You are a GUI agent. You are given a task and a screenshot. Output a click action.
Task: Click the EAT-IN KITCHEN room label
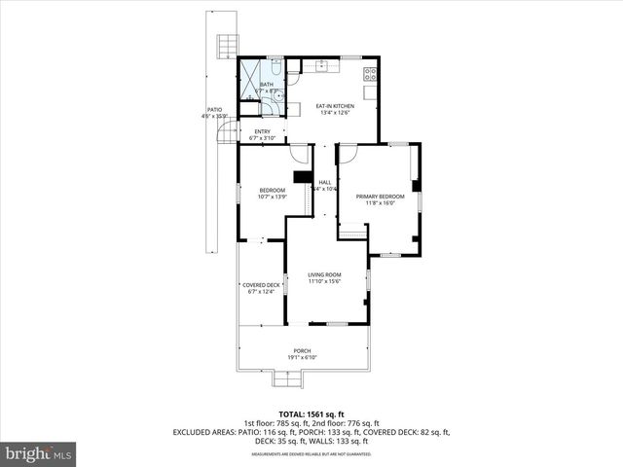click(334, 109)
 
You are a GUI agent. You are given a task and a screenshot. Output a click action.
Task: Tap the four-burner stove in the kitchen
click(371, 74)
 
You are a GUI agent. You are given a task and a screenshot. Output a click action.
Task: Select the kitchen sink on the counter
click(322, 66)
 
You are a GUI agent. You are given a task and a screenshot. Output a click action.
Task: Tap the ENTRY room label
click(263, 135)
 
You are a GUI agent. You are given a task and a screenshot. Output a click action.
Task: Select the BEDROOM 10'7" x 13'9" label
click(272, 194)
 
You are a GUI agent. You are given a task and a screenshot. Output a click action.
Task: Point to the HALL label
click(325, 185)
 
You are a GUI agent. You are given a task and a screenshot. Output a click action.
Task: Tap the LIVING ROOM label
click(324, 278)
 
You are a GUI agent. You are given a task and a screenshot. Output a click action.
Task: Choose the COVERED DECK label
click(261, 288)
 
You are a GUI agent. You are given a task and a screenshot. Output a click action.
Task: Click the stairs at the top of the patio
click(226, 45)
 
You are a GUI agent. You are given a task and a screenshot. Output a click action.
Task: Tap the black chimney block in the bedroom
click(301, 178)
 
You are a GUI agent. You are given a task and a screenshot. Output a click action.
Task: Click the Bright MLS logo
click(39, 454)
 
